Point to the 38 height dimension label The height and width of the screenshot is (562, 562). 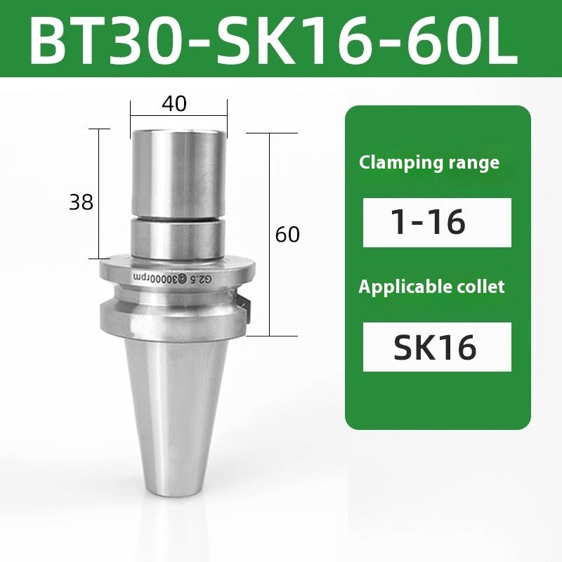tap(81, 203)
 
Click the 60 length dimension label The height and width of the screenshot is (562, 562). tap(287, 235)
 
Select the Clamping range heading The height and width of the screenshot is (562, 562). tap(429, 163)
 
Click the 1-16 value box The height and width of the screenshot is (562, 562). tap(437, 223)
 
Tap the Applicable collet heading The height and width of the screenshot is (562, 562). tap(431, 287)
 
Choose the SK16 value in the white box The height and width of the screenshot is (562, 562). tap(437, 346)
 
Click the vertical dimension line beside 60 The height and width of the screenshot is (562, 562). tap(271, 232)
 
